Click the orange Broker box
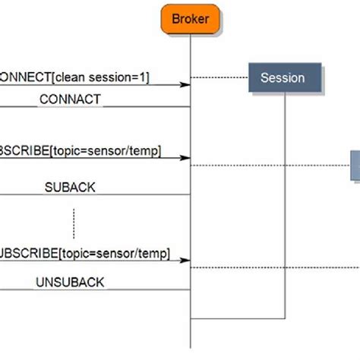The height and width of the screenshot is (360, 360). [190, 18]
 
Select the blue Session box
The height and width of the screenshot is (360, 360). [283, 77]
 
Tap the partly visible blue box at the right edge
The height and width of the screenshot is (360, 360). [355, 165]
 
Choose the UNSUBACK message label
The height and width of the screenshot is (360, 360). [70, 282]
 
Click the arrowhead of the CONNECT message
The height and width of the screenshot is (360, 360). [185, 84]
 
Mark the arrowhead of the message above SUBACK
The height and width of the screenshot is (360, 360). [185, 158]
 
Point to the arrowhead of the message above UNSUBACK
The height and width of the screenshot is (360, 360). [185, 260]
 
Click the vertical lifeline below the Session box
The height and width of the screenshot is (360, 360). [285, 205]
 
